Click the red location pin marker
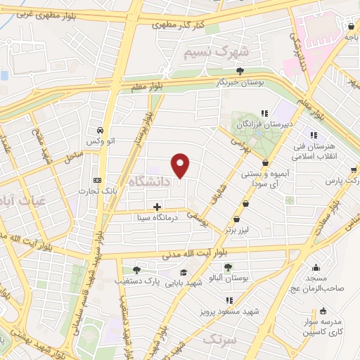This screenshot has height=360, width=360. [181, 165]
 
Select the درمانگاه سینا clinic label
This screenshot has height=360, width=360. [160, 218]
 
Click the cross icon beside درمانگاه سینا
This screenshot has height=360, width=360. [157, 207]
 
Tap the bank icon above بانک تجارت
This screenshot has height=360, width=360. [97, 179]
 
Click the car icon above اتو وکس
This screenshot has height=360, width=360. [101, 131]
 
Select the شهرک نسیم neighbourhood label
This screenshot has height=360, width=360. [217, 51]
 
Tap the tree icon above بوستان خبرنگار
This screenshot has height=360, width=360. [240, 70]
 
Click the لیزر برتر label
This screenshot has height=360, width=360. [238, 229]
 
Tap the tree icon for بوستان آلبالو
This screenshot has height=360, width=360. [228, 266]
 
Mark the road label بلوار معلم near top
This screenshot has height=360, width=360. [146, 84]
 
